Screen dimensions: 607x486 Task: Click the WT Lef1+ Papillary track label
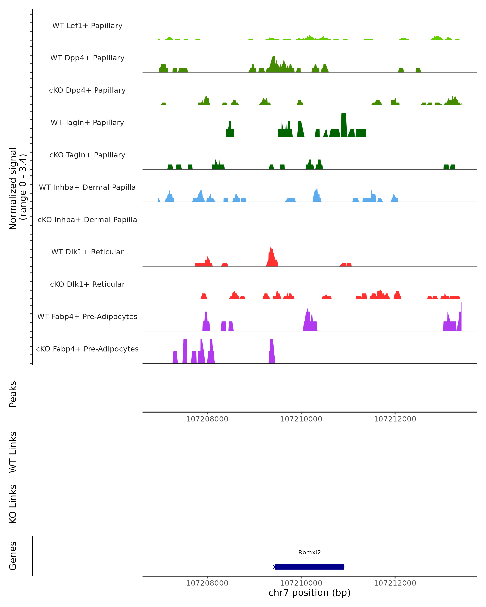[x=87, y=26]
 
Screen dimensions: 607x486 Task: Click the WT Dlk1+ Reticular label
[x=87, y=252]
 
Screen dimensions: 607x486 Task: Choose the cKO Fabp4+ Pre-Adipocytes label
[x=87, y=349]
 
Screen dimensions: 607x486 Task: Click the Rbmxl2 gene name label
[x=309, y=552]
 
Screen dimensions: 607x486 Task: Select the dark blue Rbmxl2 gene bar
[x=309, y=567]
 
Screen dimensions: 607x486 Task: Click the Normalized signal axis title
[x=17, y=188]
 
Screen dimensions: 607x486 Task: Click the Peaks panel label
[x=13, y=394]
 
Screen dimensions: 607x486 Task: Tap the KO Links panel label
[x=13, y=504]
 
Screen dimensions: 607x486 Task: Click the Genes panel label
[x=13, y=556]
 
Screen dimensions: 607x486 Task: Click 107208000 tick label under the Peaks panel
[x=207, y=419]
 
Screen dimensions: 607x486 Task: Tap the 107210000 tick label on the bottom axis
[x=301, y=583]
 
